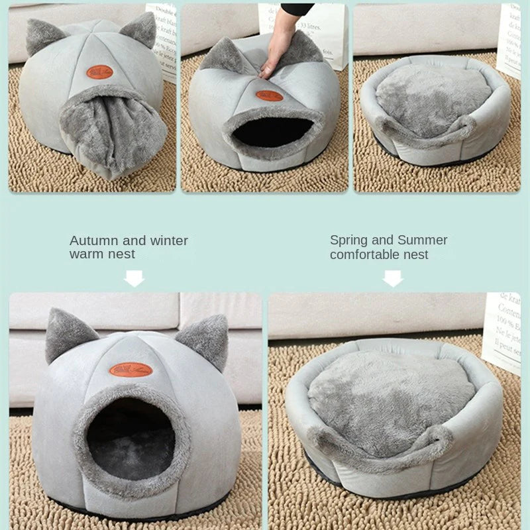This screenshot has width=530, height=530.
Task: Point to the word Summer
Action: [x=423, y=240]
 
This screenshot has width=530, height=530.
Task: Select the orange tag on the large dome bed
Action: [x=131, y=369]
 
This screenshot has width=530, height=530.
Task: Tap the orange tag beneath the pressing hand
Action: [x=269, y=95]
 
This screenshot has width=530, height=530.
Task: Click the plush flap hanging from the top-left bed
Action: [x=113, y=132]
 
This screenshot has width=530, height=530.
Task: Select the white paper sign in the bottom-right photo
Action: [x=502, y=331]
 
